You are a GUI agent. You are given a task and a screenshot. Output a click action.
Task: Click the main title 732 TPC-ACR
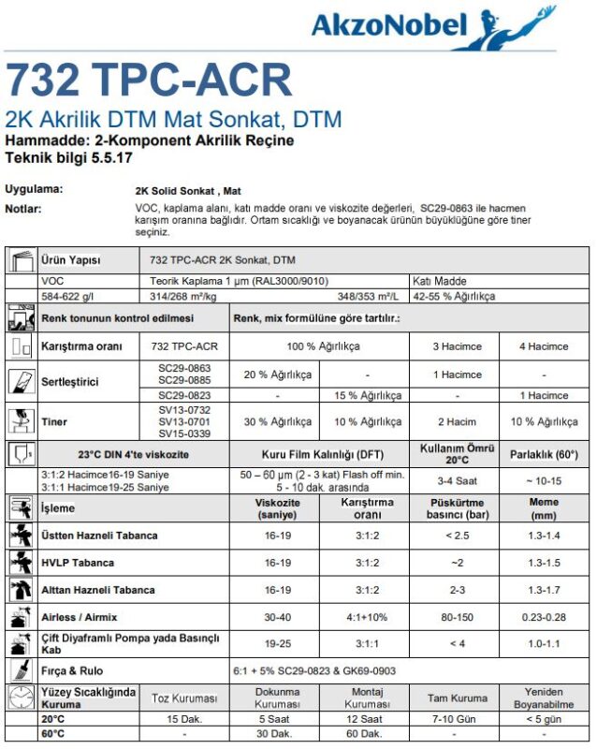[x=149, y=81]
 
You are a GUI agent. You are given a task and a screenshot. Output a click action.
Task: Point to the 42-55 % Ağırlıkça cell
[x=456, y=296]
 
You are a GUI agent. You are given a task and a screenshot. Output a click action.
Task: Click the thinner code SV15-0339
[x=185, y=433]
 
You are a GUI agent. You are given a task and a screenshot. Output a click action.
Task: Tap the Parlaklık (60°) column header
[x=544, y=455]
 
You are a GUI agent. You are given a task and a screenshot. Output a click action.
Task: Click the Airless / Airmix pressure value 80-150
[x=456, y=617]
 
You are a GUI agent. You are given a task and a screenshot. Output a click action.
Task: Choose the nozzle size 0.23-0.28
[x=544, y=617]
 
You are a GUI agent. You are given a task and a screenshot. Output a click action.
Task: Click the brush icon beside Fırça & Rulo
[x=21, y=670]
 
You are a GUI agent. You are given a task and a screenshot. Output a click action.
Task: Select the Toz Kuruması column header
[x=184, y=698]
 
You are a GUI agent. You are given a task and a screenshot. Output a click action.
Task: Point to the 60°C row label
[x=54, y=734]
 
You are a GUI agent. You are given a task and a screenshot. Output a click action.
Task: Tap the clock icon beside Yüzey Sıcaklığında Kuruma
[x=21, y=698]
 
